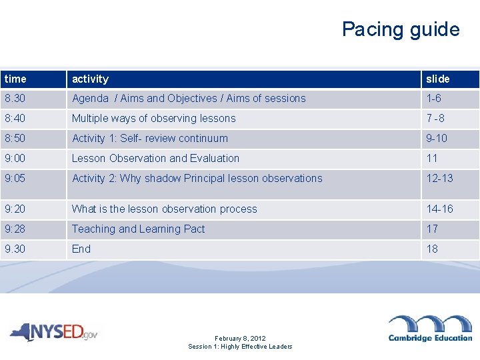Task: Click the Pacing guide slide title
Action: pyautogui.click(x=401, y=29)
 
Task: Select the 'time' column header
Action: pyautogui.click(x=15, y=79)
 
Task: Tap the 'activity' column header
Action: pyautogui.click(x=90, y=79)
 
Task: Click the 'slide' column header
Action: pyautogui.click(x=438, y=79)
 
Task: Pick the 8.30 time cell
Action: pyautogui.click(x=15, y=98)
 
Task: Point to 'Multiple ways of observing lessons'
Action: pyautogui.click(x=153, y=118)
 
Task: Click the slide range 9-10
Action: pyautogui.click(x=437, y=138)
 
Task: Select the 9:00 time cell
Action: pyautogui.click(x=15, y=158)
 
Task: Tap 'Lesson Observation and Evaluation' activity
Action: pyautogui.click(x=155, y=158)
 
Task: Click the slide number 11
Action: pyautogui.click(x=432, y=158)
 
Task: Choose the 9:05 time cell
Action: pyautogui.click(x=15, y=178)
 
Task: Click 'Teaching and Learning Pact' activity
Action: pyautogui.click(x=138, y=229)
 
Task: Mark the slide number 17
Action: pyautogui.click(x=432, y=229)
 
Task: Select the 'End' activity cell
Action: pyautogui.click(x=81, y=249)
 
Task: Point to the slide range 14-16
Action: pyautogui.click(x=439, y=209)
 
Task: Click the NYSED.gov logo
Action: pyautogui.click(x=53, y=331)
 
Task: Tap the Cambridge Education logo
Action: pyautogui.click(x=430, y=328)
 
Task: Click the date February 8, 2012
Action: pyautogui.click(x=240, y=339)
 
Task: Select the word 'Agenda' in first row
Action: pyautogui.click(x=90, y=98)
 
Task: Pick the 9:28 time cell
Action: pyautogui.click(x=15, y=229)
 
